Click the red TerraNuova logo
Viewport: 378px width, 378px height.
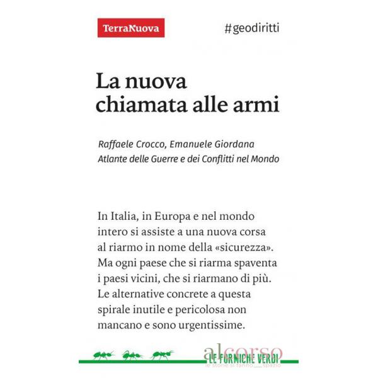pos(131,28)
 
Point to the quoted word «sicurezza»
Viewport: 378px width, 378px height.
pos(246,244)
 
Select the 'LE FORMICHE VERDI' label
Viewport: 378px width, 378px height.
pos(243,358)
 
